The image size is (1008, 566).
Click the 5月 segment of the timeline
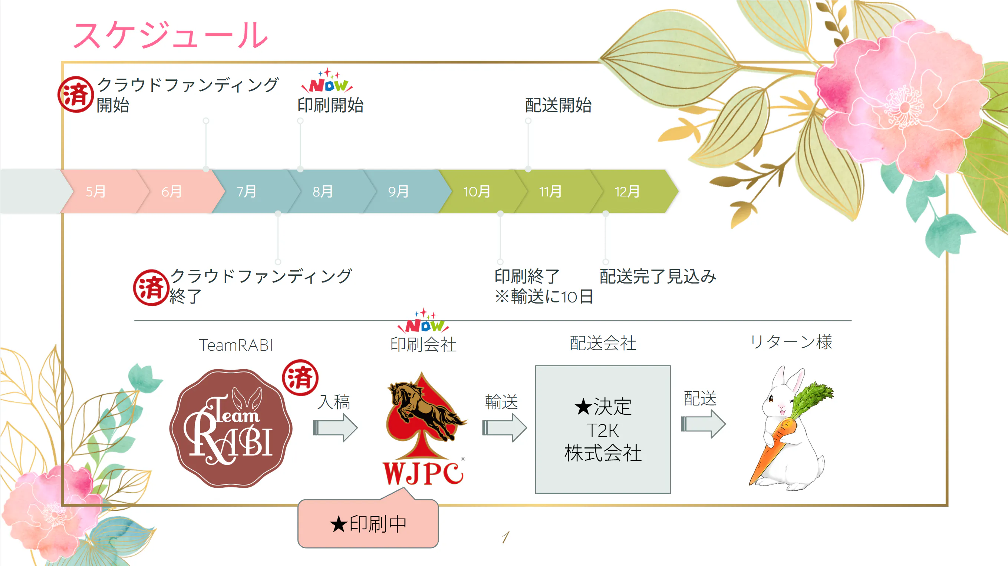coord(96,192)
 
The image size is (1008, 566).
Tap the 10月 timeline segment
coord(477,192)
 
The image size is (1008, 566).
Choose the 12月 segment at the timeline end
coord(627,192)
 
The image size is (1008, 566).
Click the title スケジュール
coord(171,35)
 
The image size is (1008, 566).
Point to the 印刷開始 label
coord(330,105)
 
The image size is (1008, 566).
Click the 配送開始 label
coord(558,105)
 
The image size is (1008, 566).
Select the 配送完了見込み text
coord(658,276)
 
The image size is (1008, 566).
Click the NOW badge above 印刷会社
coord(424,323)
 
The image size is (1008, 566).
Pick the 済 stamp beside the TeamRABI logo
coord(300,377)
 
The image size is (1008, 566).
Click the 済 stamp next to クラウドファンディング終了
coord(151,288)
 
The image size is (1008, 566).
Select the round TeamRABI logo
coord(231,428)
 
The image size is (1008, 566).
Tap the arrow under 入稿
coord(335,427)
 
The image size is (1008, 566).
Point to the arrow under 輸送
coord(504,427)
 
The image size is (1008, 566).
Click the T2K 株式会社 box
coord(603,430)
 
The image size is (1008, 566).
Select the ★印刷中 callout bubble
coord(368,523)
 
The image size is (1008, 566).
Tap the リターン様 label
coord(791,342)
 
